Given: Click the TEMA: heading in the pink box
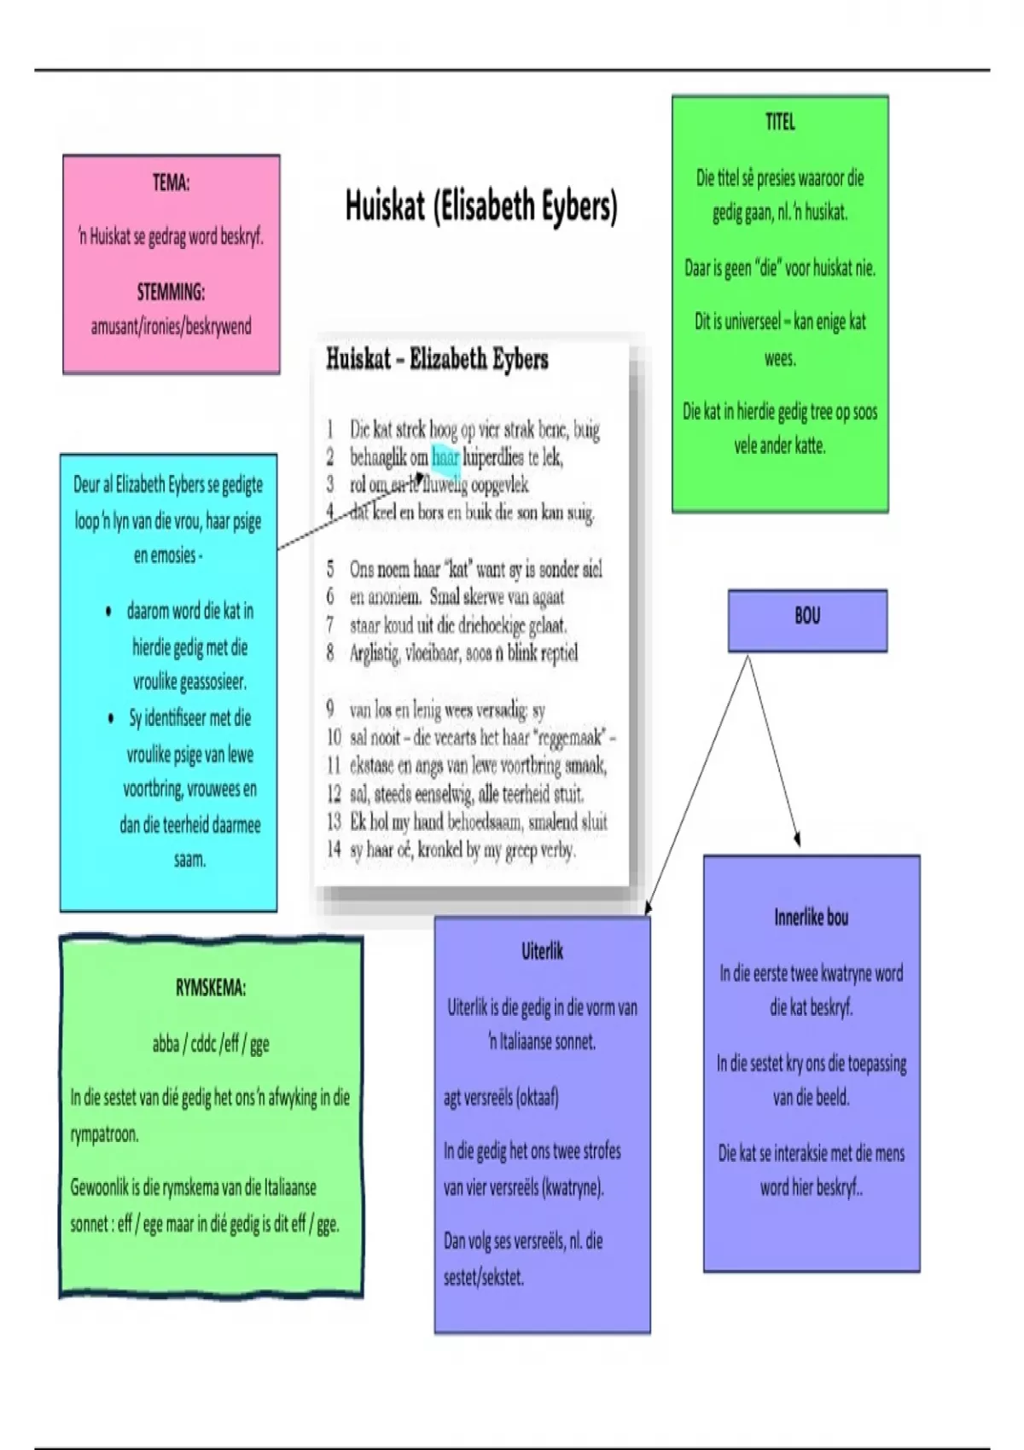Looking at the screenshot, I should coord(171,183).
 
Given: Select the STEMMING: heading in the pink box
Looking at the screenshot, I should coord(171,293).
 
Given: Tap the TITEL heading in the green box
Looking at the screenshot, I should coord(780,123).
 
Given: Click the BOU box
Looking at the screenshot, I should coord(807,620).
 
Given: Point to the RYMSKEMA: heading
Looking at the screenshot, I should coord(211,989).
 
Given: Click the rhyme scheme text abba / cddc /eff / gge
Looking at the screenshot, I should coord(211,1043).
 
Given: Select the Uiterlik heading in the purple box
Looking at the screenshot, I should coord(542,951).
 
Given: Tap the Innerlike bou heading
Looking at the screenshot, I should coord(812,918).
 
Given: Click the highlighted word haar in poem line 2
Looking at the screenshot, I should coord(445,457).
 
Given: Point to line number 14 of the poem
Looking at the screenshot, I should coord(333,850).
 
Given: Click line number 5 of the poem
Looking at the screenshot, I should coord(330,569).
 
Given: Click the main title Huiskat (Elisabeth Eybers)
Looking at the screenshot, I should coord(481,206).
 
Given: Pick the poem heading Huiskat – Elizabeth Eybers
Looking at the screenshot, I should coord(437,359).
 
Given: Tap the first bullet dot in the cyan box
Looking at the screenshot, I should coord(108,612).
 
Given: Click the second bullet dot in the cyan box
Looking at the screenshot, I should coord(111,718).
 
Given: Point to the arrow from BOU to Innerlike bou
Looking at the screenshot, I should coord(775,751).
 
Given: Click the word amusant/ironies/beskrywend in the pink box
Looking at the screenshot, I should coord(171,327).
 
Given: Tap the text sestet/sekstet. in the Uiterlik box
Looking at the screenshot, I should coord(483,1277).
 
